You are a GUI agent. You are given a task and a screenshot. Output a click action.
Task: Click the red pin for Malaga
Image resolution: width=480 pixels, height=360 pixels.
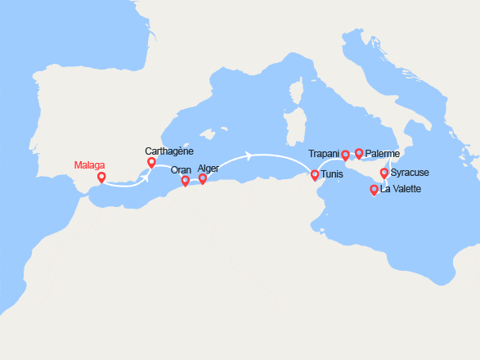tap(101, 177)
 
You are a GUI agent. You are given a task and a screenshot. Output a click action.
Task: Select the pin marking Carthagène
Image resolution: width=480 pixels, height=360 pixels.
tap(151, 163)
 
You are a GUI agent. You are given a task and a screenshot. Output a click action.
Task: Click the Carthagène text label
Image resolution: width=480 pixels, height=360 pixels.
tap(170, 151)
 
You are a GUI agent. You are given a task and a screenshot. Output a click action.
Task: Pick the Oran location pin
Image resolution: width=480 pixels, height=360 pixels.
tap(186, 181)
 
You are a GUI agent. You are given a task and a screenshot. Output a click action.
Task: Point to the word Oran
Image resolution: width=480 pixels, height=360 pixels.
tap(182, 170)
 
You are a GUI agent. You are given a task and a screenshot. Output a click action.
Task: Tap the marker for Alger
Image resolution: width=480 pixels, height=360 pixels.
tap(203, 178)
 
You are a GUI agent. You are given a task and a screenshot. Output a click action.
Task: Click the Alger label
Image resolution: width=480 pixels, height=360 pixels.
tap(209, 168)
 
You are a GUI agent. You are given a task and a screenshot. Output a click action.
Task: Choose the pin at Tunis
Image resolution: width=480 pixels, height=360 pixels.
tap(315, 174)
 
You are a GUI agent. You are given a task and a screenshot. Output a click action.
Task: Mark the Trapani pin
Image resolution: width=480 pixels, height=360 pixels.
tap(345, 155)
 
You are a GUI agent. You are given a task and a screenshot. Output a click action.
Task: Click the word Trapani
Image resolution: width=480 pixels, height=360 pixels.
tap(325, 154)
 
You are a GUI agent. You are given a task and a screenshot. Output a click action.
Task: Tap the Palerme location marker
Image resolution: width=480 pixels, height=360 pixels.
tap(359, 153)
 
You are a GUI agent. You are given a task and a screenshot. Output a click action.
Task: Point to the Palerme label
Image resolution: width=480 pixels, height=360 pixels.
tap(382, 154)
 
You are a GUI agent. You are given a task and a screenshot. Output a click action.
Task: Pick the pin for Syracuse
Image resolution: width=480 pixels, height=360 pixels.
tap(384, 173)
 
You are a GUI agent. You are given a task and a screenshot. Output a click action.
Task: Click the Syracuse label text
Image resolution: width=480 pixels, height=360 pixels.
tap(410, 173)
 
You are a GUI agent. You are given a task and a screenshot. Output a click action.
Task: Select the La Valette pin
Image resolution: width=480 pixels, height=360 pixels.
tap(375, 190)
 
